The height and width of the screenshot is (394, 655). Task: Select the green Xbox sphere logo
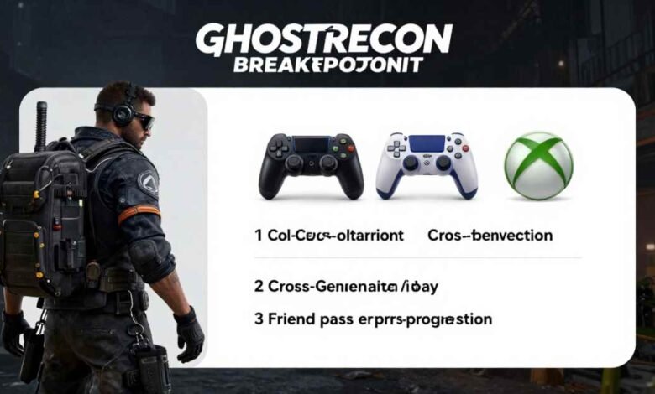537,164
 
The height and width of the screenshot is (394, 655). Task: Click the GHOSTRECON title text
323,39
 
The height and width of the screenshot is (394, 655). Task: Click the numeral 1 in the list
258,236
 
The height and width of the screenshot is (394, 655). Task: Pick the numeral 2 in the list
258,286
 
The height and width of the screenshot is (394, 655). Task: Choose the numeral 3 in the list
258,319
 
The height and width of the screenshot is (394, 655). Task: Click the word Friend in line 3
291,319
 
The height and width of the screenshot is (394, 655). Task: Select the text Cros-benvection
490,236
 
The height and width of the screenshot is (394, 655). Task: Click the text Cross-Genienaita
325,286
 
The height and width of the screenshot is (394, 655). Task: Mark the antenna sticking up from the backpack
40,126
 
